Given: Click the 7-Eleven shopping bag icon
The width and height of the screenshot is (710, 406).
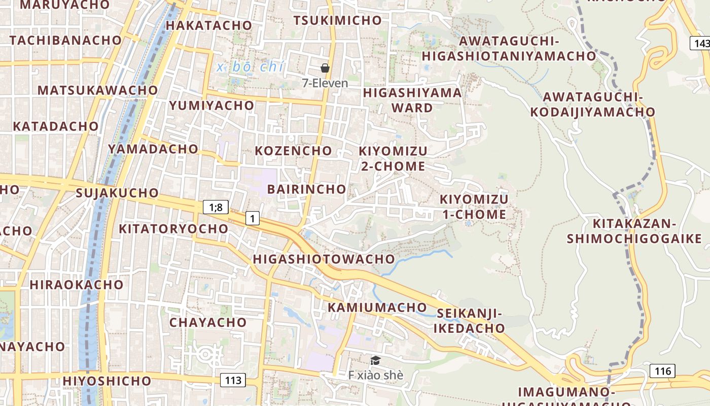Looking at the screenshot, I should click(325, 68).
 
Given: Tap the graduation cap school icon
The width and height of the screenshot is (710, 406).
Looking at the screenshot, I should click(375, 360).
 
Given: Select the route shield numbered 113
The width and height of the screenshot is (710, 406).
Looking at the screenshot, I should click(233, 380).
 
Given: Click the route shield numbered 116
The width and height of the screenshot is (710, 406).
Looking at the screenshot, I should click(662, 371).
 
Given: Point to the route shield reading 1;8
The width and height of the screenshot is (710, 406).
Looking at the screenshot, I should click(216, 207).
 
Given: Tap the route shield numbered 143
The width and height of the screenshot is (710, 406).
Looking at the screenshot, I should click(701, 44).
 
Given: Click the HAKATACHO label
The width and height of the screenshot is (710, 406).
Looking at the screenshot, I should click(208, 25).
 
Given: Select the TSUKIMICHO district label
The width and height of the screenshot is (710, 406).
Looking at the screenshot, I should click(337, 20).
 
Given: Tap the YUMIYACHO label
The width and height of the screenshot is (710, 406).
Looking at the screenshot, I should click(211, 106).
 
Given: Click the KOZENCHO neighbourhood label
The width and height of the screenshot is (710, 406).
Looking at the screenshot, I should click(293, 151).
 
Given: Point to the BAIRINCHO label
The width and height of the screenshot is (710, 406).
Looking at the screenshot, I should click(306, 189).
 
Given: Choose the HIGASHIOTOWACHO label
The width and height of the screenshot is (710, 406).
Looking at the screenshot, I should click(324, 259).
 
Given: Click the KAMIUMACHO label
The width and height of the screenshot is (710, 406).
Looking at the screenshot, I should click(377, 308).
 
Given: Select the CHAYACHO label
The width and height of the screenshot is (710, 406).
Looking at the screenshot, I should click(208, 323).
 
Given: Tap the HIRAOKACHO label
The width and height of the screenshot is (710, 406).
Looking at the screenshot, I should click(76, 285).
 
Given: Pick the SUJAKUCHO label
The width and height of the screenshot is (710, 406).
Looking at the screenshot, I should click(117, 193).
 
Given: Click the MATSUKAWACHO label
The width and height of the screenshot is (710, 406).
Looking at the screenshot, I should click(97, 90).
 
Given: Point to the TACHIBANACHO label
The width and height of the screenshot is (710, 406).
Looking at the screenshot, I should click(65, 41).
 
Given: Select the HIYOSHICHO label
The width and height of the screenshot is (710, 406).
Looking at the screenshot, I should click(107, 381).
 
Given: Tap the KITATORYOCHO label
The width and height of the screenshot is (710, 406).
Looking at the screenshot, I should click(173, 229).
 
